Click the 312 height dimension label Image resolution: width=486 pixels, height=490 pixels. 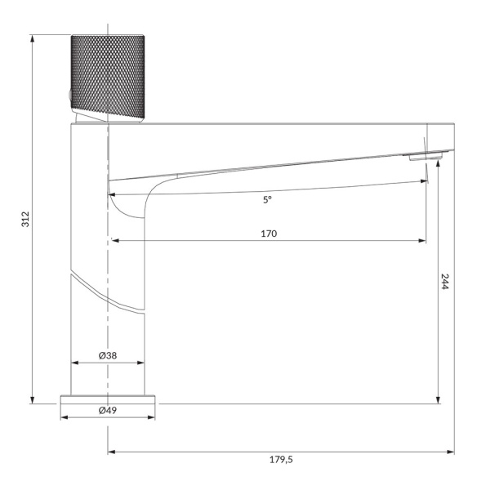pos(25,219)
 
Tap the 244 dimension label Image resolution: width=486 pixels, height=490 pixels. pos(444,282)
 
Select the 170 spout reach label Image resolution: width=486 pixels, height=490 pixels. pos(269,234)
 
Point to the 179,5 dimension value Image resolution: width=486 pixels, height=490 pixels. pos(281,460)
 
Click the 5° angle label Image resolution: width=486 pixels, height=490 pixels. pos(267,200)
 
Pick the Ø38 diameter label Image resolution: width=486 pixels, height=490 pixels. pos(108,355)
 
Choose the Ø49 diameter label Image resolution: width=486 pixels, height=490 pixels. pos(108,410)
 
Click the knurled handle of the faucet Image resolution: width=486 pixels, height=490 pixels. pos(108,77)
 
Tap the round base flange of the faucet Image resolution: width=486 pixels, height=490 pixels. pos(108,399)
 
